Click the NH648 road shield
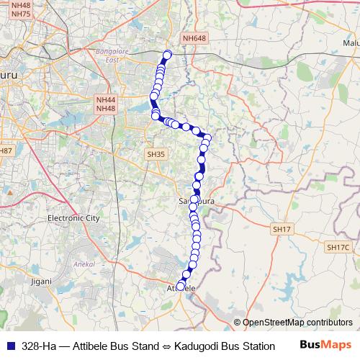[194, 38]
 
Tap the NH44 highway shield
[105, 99]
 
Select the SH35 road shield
[156, 154]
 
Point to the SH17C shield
[337, 248]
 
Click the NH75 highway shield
[21, 14]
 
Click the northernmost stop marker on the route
[168, 54]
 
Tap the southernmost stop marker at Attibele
[181, 285]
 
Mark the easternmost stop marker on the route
[208, 138]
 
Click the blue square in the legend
[8, 346]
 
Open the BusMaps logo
[326, 345]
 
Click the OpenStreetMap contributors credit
[297, 323]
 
